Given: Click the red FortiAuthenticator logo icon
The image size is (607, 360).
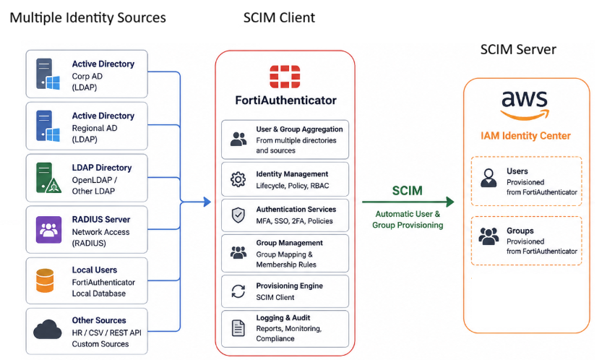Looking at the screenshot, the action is click(285, 77).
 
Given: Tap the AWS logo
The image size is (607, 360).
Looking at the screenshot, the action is click(525, 106).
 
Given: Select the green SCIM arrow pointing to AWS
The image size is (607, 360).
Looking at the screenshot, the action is click(408, 202).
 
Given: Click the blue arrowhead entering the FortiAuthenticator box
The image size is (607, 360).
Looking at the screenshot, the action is click(207, 202).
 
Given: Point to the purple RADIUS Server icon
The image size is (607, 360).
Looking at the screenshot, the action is click(48, 230).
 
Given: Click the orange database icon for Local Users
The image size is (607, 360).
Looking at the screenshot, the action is click(45, 280).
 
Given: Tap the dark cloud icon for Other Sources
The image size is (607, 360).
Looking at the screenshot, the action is click(48, 330).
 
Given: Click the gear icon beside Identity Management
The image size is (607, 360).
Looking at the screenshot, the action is click(238, 179).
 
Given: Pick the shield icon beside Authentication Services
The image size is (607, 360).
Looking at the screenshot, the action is click(238, 215).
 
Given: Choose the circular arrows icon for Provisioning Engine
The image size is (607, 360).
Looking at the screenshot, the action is click(238, 291).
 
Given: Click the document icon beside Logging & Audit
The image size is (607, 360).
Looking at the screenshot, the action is click(238, 328).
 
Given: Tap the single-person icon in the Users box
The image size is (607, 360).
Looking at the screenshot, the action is click(488, 178).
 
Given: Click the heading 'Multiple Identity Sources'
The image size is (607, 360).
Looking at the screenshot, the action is click(88, 18).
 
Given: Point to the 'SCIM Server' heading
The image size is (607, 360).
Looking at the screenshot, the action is click(518, 49).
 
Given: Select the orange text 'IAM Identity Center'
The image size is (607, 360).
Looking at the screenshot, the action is click(525, 136).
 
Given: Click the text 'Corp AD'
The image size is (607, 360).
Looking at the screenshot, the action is click(87, 76).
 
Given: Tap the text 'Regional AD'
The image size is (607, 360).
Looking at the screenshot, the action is click(95, 128).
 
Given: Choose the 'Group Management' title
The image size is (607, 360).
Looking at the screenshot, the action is click(289, 243).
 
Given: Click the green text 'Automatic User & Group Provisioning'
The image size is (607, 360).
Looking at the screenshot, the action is click(408, 220).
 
